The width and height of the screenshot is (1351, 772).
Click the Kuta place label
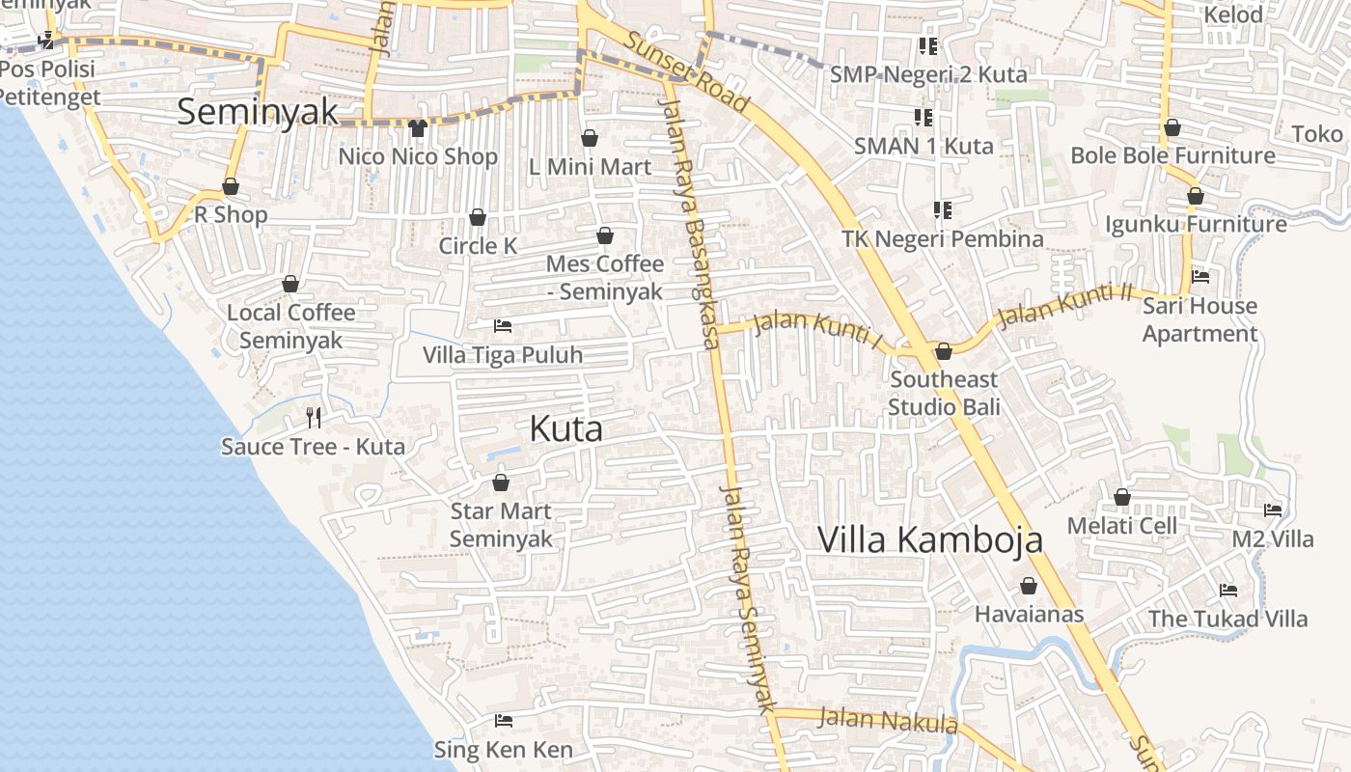coord(566,429)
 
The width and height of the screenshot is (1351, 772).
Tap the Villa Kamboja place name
coord(929,539)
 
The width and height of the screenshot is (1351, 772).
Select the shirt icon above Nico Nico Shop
coord(417,127)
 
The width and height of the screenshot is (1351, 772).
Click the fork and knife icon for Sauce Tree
coord(314,417)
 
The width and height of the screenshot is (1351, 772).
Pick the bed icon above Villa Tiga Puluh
coord(502,326)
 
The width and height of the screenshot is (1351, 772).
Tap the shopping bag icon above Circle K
coord(477,217)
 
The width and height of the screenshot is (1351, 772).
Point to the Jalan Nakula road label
coord(888,721)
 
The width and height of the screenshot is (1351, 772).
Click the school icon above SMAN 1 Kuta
coord(924,118)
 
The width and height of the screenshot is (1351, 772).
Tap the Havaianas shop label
coord(1029,615)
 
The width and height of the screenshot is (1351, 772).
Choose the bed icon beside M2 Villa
coord(1273,510)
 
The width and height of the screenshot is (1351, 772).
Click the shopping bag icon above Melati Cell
coord(1121,497)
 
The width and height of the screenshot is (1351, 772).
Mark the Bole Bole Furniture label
coord(1172,155)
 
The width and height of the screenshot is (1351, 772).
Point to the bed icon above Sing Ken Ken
coord(503,720)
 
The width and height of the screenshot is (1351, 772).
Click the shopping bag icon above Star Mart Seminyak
coord(500,482)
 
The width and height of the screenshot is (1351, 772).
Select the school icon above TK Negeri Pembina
coord(943,209)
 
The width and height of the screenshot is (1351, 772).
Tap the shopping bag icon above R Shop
coord(231,186)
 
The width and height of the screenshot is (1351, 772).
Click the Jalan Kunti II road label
coord(1064,306)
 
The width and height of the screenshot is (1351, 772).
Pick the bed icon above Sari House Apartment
coord(1199,277)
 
